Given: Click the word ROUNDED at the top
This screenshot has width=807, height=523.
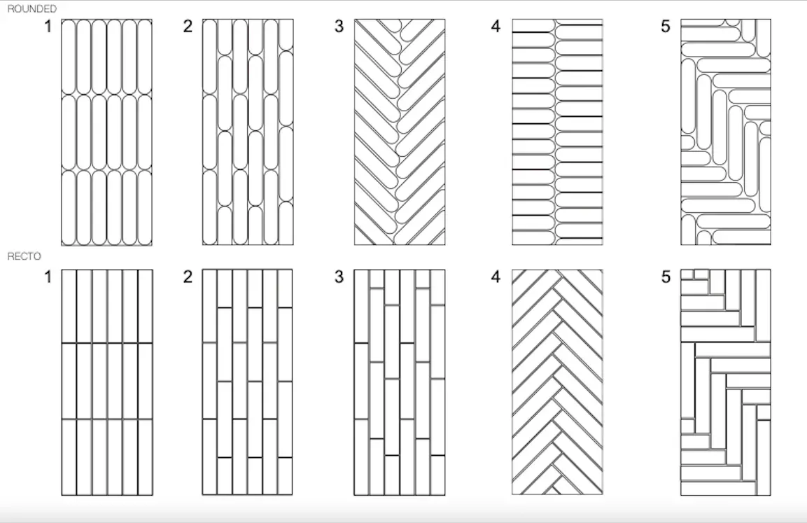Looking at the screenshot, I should pyautogui.click(x=31, y=8).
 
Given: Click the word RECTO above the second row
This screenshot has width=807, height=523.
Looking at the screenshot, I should pyautogui.click(x=24, y=257).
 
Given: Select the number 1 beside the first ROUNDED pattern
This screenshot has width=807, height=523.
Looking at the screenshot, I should pyautogui.click(x=48, y=27).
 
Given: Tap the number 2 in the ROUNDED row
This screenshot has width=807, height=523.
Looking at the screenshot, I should pyautogui.click(x=188, y=27).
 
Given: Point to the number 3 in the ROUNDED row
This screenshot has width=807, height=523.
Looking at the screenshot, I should pyautogui.click(x=339, y=27).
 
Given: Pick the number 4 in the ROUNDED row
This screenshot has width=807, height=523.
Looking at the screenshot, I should pyautogui.click(x=496, y=27).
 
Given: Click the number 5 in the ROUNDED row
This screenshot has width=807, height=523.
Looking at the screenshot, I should pyautogui.click(x=665, y=27).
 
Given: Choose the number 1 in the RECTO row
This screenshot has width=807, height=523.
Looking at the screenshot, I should pyautogui.click(x=48, y=277).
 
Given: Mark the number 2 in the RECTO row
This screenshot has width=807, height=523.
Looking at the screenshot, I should pyautogui.click(x=188, y=277).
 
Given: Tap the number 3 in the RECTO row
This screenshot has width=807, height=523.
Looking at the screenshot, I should pyautogui.click(x=339, y=277).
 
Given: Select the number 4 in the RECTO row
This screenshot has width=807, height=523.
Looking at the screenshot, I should pyautogui.click(x=496, y=277).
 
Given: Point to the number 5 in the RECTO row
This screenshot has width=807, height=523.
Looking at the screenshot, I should pyautogui.click(x=665, y=277).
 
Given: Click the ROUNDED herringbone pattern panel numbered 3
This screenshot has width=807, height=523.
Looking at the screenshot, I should pyautogui.click(x=400, y=132).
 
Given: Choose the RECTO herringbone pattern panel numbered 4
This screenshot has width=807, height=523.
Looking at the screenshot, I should pyautogui.click(x=557, y=382).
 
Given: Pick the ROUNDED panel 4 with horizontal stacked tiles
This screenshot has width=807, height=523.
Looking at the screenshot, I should pyautogui.click(x=557, y=132).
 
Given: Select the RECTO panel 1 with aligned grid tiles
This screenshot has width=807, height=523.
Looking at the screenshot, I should pyautogui.click(x=106, y=382).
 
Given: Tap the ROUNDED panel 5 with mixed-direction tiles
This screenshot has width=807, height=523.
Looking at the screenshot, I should pyautogui.click(x=726, y=132).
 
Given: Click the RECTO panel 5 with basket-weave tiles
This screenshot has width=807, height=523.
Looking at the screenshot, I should pyautogui.click(x=726, y=382).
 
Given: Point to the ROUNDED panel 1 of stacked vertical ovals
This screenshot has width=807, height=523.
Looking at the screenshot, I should pyautogui.click(x=106, y=132).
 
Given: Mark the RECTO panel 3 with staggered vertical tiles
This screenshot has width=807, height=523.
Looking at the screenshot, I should pyautogui.click(x=400, y=382).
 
